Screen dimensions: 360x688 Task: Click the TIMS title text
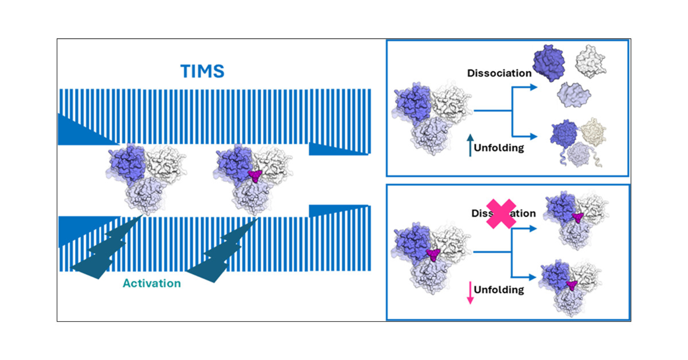(202, 71)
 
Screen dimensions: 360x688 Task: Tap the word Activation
(152, 283)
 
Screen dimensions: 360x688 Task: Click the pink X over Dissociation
(501, 214)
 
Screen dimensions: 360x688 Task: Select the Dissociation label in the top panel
(499, 73)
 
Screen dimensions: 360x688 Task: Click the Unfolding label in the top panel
(499, 148)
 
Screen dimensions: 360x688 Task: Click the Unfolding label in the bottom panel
(499, 290)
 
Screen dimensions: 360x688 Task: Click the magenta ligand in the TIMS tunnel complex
(255, 176)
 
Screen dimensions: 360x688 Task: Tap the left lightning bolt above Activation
(103, 251)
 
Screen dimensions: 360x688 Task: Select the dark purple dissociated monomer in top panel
(549, 63)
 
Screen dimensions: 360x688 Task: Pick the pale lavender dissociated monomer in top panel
(573, 95)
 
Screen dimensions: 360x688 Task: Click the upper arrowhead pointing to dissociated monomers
(533, 87)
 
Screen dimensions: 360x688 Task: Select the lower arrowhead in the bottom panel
(532, 277)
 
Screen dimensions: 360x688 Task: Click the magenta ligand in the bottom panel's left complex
(433, 255)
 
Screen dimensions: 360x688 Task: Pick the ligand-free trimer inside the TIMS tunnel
(146, 177)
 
